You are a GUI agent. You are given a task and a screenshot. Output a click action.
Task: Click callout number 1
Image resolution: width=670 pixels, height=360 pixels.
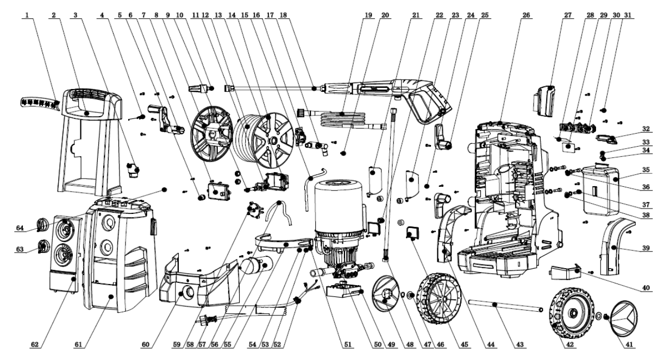27,15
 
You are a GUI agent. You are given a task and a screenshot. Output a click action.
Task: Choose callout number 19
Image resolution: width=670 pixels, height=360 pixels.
369,15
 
